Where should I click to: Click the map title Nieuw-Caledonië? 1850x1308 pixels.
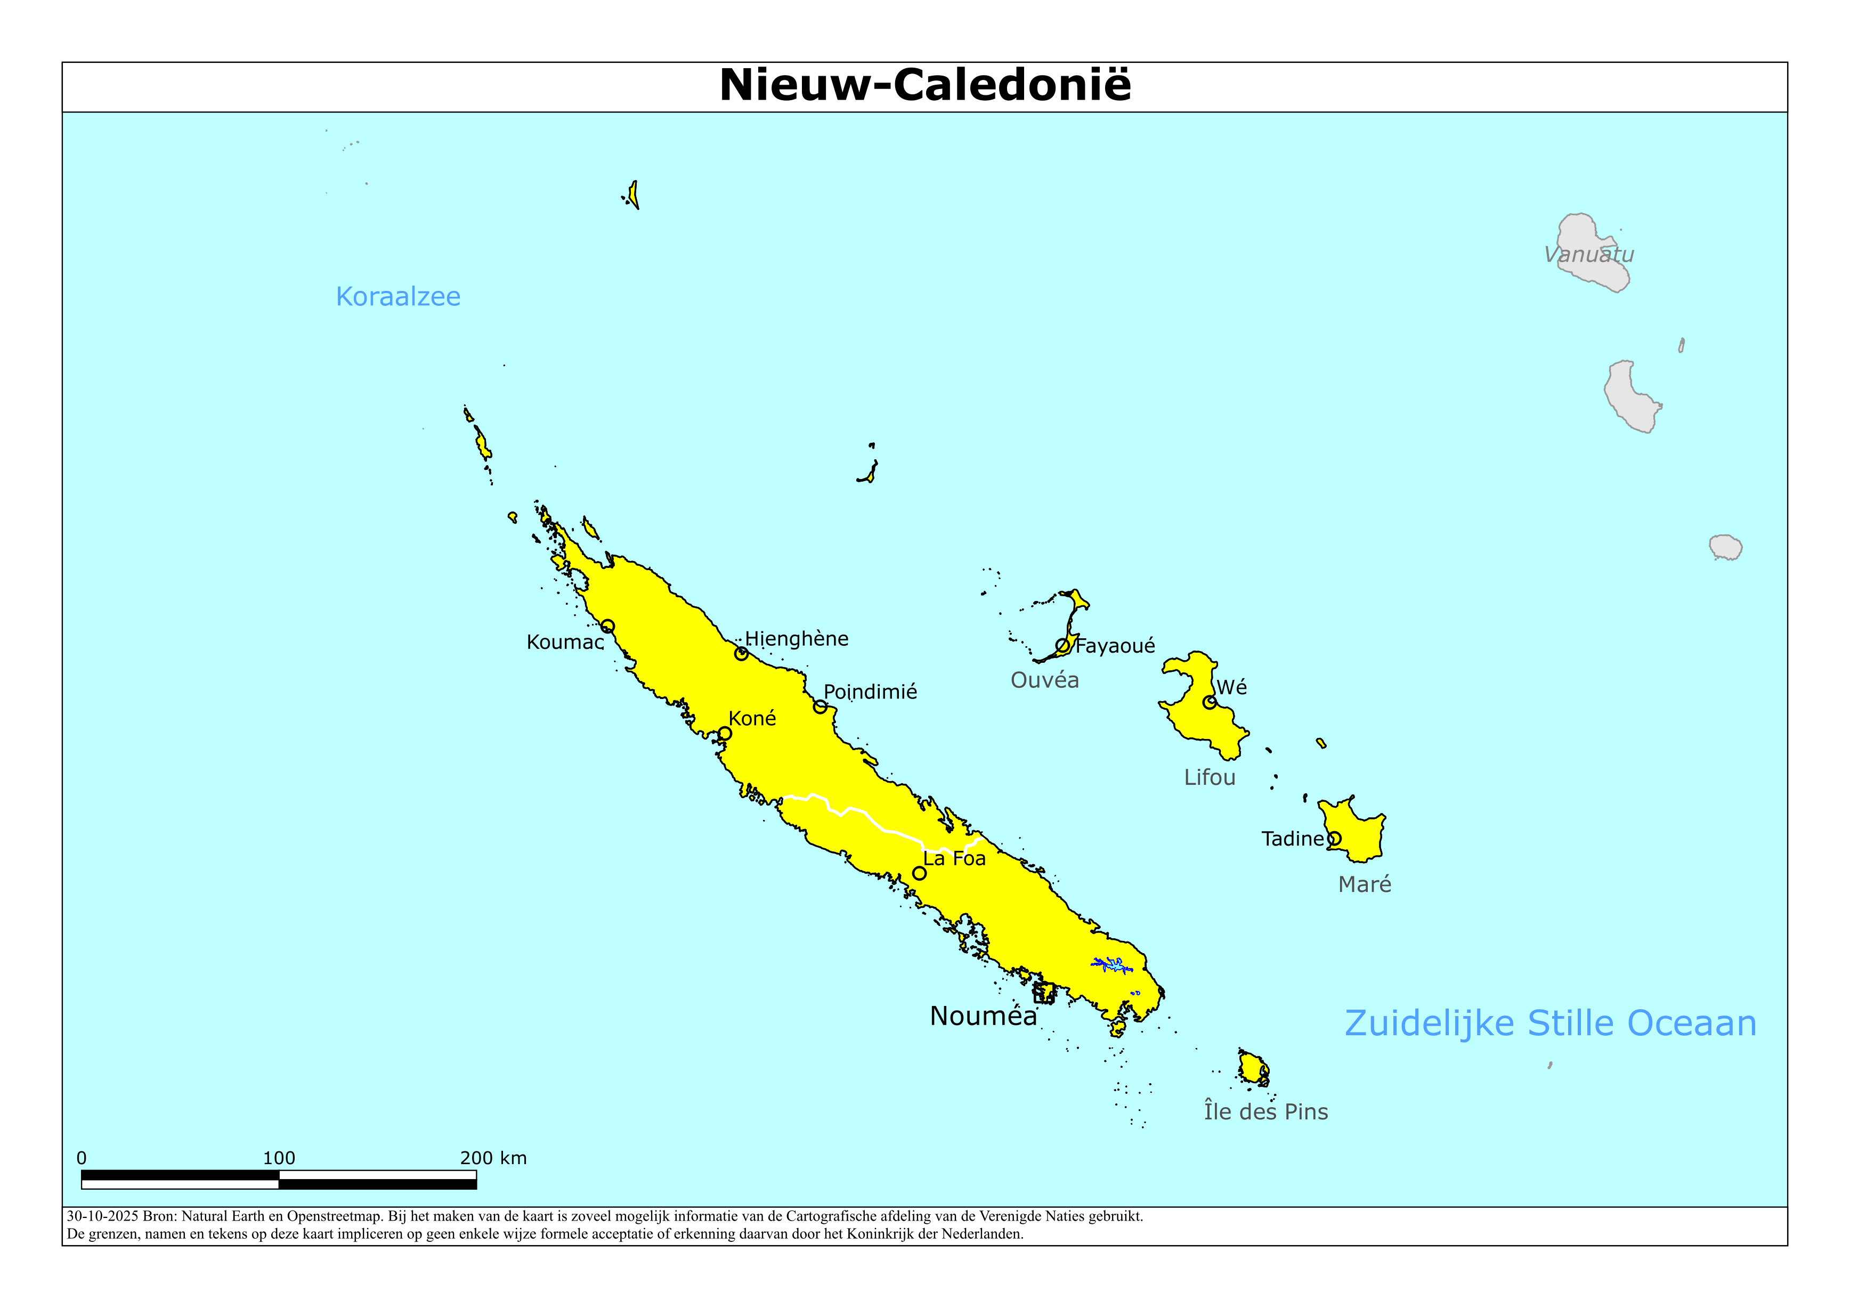(x=925, y=85)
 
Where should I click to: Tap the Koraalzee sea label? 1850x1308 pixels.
(x=398, y=297)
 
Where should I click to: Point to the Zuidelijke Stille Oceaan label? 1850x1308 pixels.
(x=1550, y=1023)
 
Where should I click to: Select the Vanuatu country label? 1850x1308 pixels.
(x=1589, y=255)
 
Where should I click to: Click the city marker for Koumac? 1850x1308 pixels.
(x=607, y=626)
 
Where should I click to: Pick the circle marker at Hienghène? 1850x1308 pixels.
(x=741, y=654)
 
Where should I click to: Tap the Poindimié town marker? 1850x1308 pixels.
(x=820, y=707)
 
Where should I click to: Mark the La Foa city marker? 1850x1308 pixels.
(x=919, y=873)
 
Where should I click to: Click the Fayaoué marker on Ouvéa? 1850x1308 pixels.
(x=1063, y=646)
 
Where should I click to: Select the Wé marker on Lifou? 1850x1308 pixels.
(x=1210, y=702)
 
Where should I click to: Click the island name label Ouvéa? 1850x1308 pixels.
(x=1044, y=680)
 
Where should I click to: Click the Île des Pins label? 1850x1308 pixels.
(x=1266, y=1111)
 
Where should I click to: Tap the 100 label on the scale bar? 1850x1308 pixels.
(x=279, y=1158)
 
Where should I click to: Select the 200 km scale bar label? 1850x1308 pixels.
(x=493, y=1158)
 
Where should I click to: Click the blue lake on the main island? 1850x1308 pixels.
(x=1113, y=964)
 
